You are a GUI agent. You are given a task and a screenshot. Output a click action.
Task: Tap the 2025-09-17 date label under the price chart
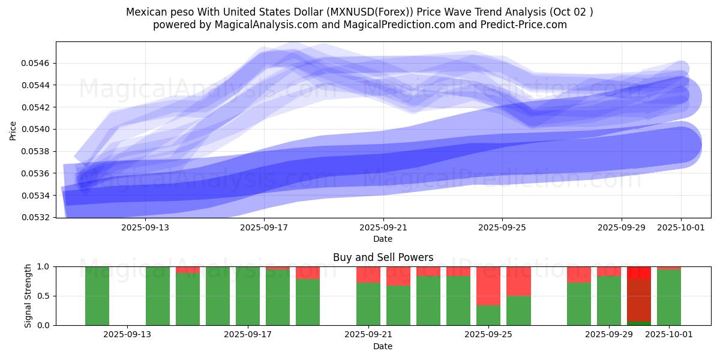coord(265,228)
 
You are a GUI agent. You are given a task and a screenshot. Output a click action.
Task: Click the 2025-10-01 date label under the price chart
coord(681,228)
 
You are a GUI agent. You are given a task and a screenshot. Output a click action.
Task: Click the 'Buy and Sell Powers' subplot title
coord(383,257)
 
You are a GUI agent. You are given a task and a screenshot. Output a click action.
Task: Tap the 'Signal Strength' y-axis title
coord(28,296)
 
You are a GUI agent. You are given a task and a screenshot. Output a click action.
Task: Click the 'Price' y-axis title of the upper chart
coord(13,130)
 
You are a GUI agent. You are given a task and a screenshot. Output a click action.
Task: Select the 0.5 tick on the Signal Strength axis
coord(43,296)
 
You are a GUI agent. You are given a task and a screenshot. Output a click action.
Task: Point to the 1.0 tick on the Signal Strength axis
coord(43,266)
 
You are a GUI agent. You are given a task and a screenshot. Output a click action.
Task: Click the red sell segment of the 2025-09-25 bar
coord(488,286)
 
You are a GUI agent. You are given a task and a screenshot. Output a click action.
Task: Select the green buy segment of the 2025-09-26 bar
coord(518,310)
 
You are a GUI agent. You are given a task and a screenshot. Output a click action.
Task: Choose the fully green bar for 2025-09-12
coord(97,296)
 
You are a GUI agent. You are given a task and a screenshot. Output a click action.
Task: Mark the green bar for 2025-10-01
coord(669,298)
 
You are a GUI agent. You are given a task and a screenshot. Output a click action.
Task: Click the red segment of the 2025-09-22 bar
coord(398,276)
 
